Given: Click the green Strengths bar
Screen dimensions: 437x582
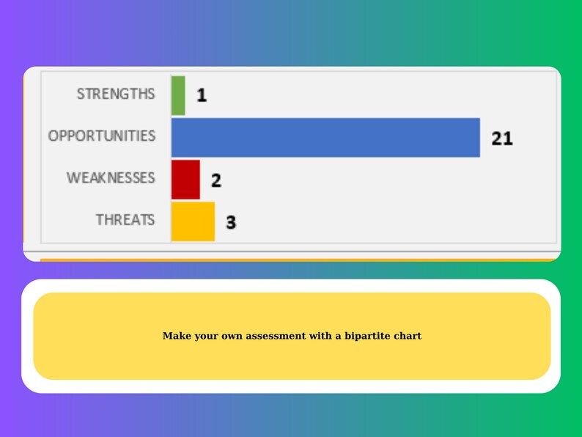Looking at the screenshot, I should pos(178,95).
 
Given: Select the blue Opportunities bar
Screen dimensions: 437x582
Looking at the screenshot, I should pos(325,137).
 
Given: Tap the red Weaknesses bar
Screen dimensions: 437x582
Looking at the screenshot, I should pos(185,180).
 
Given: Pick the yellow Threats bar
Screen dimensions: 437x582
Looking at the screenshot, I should pos(193,221).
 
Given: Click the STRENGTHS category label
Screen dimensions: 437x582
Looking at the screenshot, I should pos(116,94).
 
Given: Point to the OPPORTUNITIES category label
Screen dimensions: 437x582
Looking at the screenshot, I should pos(102,136).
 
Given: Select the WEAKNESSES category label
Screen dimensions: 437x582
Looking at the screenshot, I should pos(111,178).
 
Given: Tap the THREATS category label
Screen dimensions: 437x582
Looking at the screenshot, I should pos(125,220).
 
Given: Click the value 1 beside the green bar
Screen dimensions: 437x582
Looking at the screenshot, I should pos(202,95).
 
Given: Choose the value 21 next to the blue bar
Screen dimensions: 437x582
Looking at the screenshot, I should pos(502,138).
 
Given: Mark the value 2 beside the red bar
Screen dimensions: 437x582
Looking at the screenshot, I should pos(216,180).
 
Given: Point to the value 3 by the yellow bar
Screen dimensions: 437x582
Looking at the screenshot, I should pos(231,222).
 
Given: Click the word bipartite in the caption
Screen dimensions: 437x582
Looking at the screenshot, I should pos(369,336).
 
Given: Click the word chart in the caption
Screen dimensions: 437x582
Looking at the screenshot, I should pos(408,336).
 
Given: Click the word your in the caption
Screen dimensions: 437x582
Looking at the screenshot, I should pos(205,336).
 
